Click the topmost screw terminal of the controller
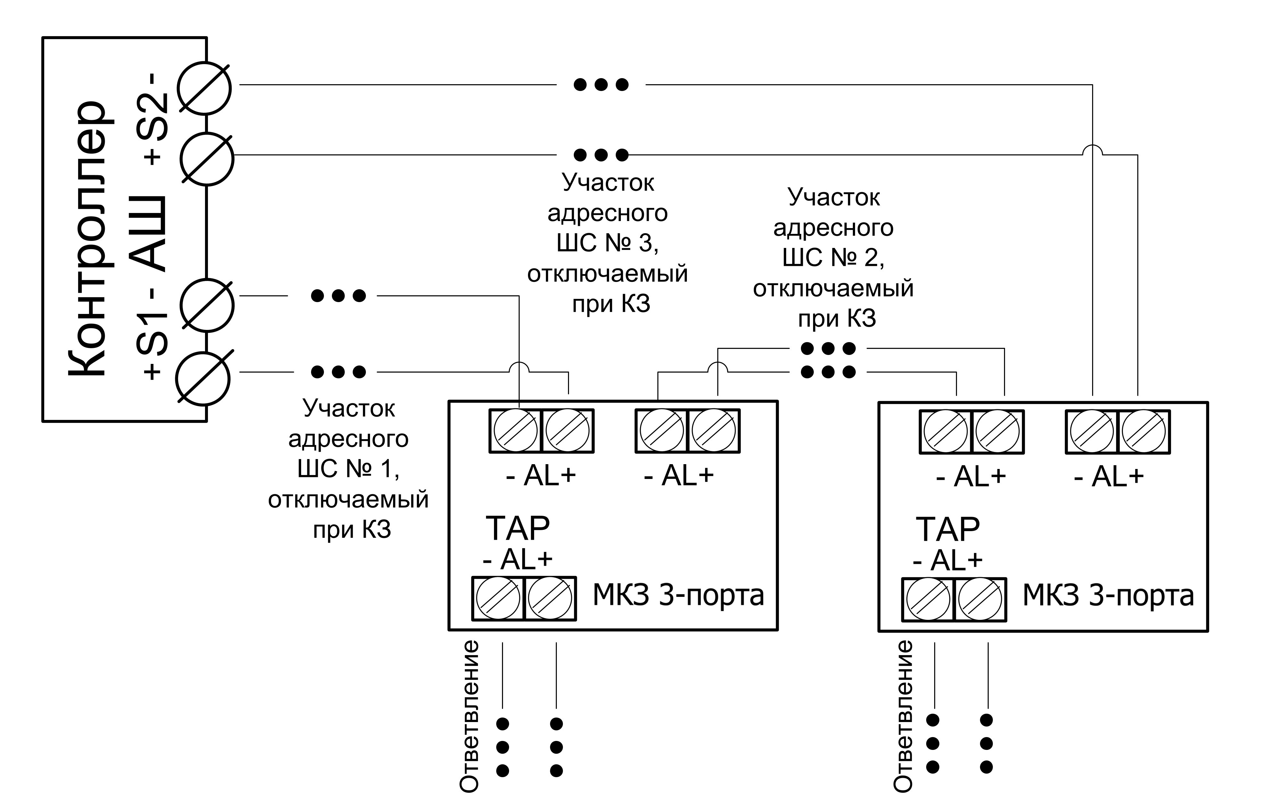pos(204,88)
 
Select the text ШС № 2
pos(833,258)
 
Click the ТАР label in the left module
pos(518,528)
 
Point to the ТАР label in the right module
pos(948,529)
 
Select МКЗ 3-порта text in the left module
pos(678,595)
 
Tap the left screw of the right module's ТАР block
pos(928,600)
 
